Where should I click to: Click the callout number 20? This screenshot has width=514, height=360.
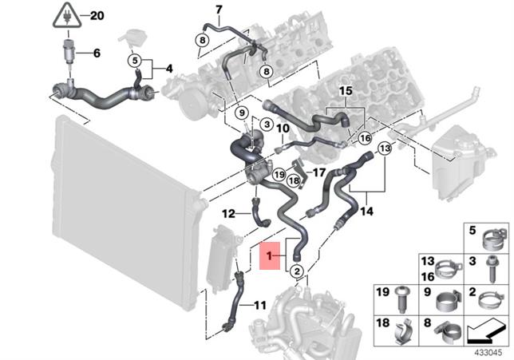pyautogui.click(x=97, y=15)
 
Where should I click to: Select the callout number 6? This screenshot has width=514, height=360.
pyautogui.click(x=97, y=54)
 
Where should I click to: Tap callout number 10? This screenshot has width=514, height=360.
pyautogui.click(x=283, y=128)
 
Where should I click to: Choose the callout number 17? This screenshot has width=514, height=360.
pyautogui.click(x=318, y=172)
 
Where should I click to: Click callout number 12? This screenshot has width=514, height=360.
pyautogui.click(x=227, y=213)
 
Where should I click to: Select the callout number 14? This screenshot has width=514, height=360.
pyautogui.click(x=366, y=212)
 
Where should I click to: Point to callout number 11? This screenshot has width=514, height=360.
pyautogui.click(x=260, y=305)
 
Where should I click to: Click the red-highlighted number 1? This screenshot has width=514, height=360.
pyautogui.click(x=271, y=255)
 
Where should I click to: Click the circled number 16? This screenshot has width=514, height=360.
pyautogui.click(x=364, y=138)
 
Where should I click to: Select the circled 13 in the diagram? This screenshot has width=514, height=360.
pyautogui.click(x=384, y=149)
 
